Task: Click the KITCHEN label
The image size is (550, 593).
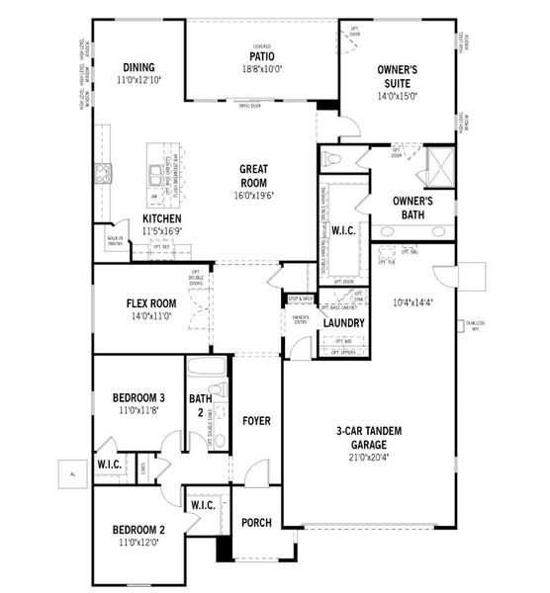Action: pyautogui.click(x=160, y=218)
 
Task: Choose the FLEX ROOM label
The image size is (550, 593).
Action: pyautogui.click(x=151, y=304)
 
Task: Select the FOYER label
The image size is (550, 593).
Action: pyautogui.click(x=256, y=421)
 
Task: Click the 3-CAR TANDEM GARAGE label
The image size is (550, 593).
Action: pyautogui.click(x=365, y=438)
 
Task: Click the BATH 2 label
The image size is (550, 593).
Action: pyautogui.click(x=201, y=405)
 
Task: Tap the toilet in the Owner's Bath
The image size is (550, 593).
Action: pyautogui.click(x=332, y=158)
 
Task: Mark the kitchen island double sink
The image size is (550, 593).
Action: pyautogui.click(x=157, y=175)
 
